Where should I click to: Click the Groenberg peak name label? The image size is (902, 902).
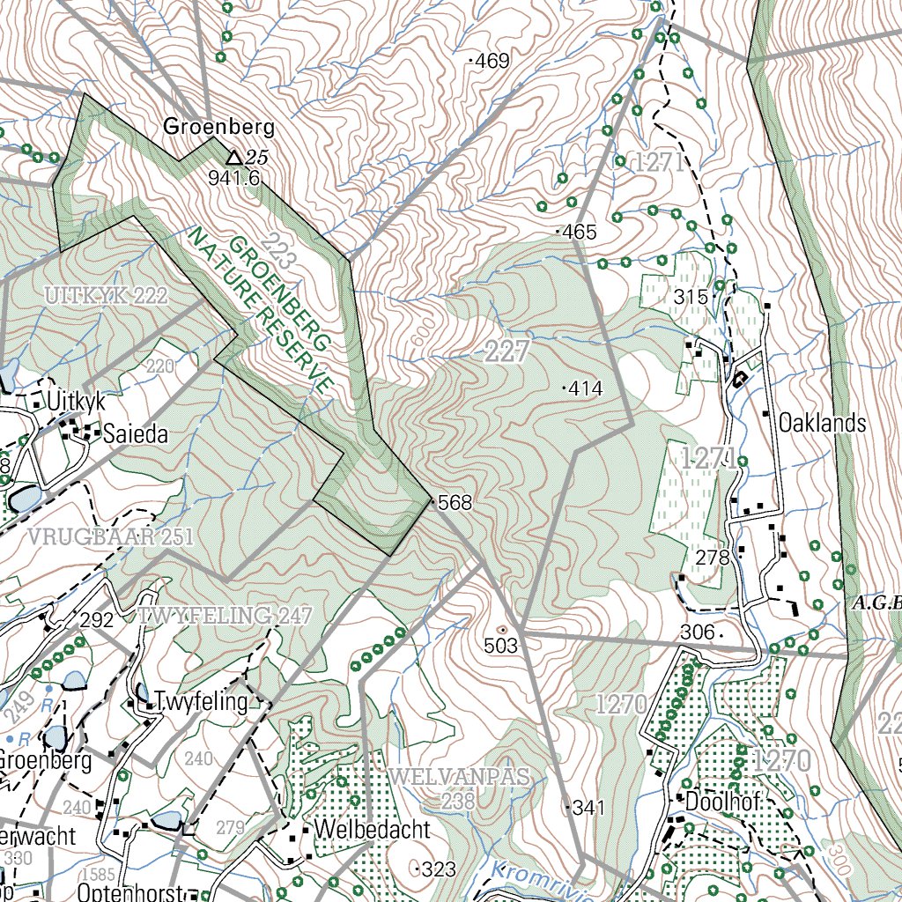(x=219, y=127)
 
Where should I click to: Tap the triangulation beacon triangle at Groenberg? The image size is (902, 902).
(x=233, y=158)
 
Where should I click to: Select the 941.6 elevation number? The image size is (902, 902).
(x=234, y=178)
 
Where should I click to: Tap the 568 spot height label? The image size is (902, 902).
(x=454, y=503)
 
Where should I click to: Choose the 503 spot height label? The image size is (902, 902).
(x=500, y=646)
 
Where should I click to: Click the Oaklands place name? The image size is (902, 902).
(x=822, y=423)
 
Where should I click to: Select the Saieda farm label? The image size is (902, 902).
(x=135, y=434)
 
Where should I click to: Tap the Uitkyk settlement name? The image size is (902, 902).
(x=78, y=402)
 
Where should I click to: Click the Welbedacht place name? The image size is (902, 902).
(x=372, y=830)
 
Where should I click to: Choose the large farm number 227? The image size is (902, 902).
(x=506, y=353)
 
